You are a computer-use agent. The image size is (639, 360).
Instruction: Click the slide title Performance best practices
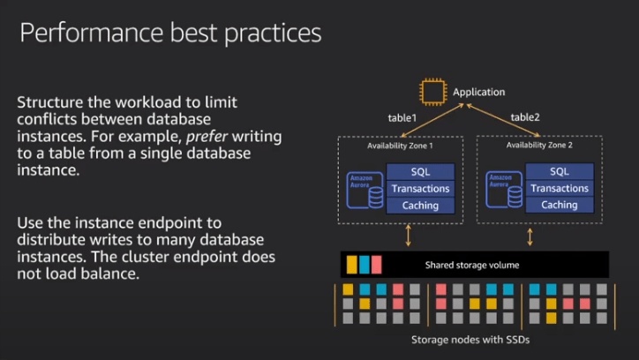pyautogui.click(x=170, y=34)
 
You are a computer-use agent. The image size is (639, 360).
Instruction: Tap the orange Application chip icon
pyautogui.click(x=432, y=92)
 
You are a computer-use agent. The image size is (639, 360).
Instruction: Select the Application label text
pyautogui.click(x=478, y=92)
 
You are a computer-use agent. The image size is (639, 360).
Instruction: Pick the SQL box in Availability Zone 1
pyautogui.click(x=420, y=172)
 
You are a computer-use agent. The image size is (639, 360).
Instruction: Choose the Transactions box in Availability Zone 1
pyautogui.click(x=420, y=189)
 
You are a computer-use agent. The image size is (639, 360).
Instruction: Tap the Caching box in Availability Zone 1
pyautogui.click(x=420, y=205)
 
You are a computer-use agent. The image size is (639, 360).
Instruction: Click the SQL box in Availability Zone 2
pyautogui.click(x=559, y=172)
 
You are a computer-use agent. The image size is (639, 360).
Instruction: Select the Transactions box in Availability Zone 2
pyautogui.click(x=559, y=189)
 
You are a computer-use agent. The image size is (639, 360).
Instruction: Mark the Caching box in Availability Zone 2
pyautogui.click(x=559, y=205)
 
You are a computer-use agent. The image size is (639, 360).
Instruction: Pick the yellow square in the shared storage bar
pyautogui.click(x=351, y=265)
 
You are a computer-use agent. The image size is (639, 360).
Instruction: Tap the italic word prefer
pyautogui.click(x=203, y=135)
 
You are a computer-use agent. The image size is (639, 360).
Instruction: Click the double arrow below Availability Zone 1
pyautogui.click(x=408, y=236)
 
